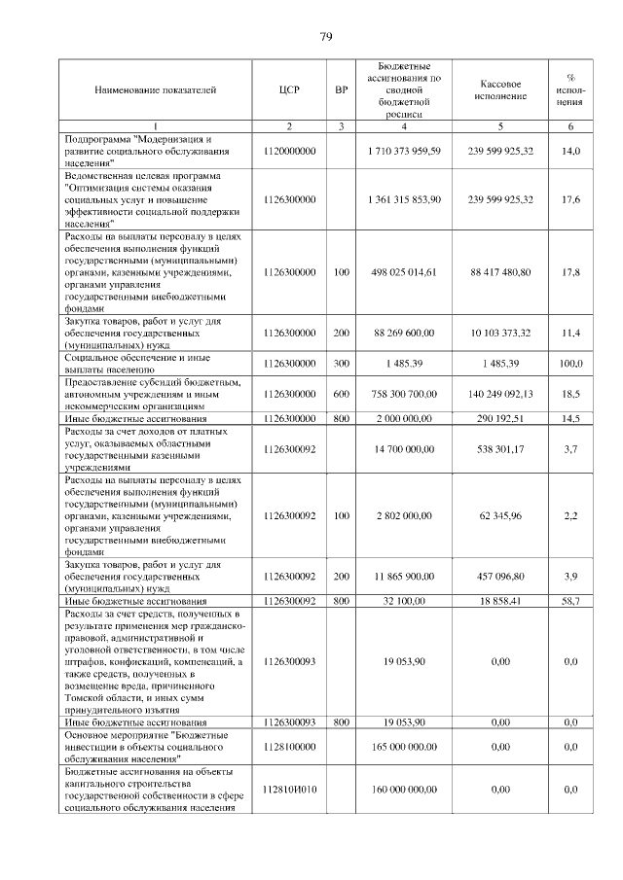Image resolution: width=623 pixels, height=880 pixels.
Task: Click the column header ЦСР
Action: (x=290, y=89)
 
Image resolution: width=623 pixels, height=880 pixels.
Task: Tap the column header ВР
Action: (x=341, y=89)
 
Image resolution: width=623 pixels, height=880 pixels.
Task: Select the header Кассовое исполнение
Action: (x=500, y=88)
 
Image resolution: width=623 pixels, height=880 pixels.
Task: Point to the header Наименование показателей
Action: (x=156, y=89)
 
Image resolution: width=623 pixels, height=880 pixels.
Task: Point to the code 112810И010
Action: (x=290, y=791)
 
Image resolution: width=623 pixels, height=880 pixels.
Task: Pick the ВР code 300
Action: (x=341, y=364)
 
